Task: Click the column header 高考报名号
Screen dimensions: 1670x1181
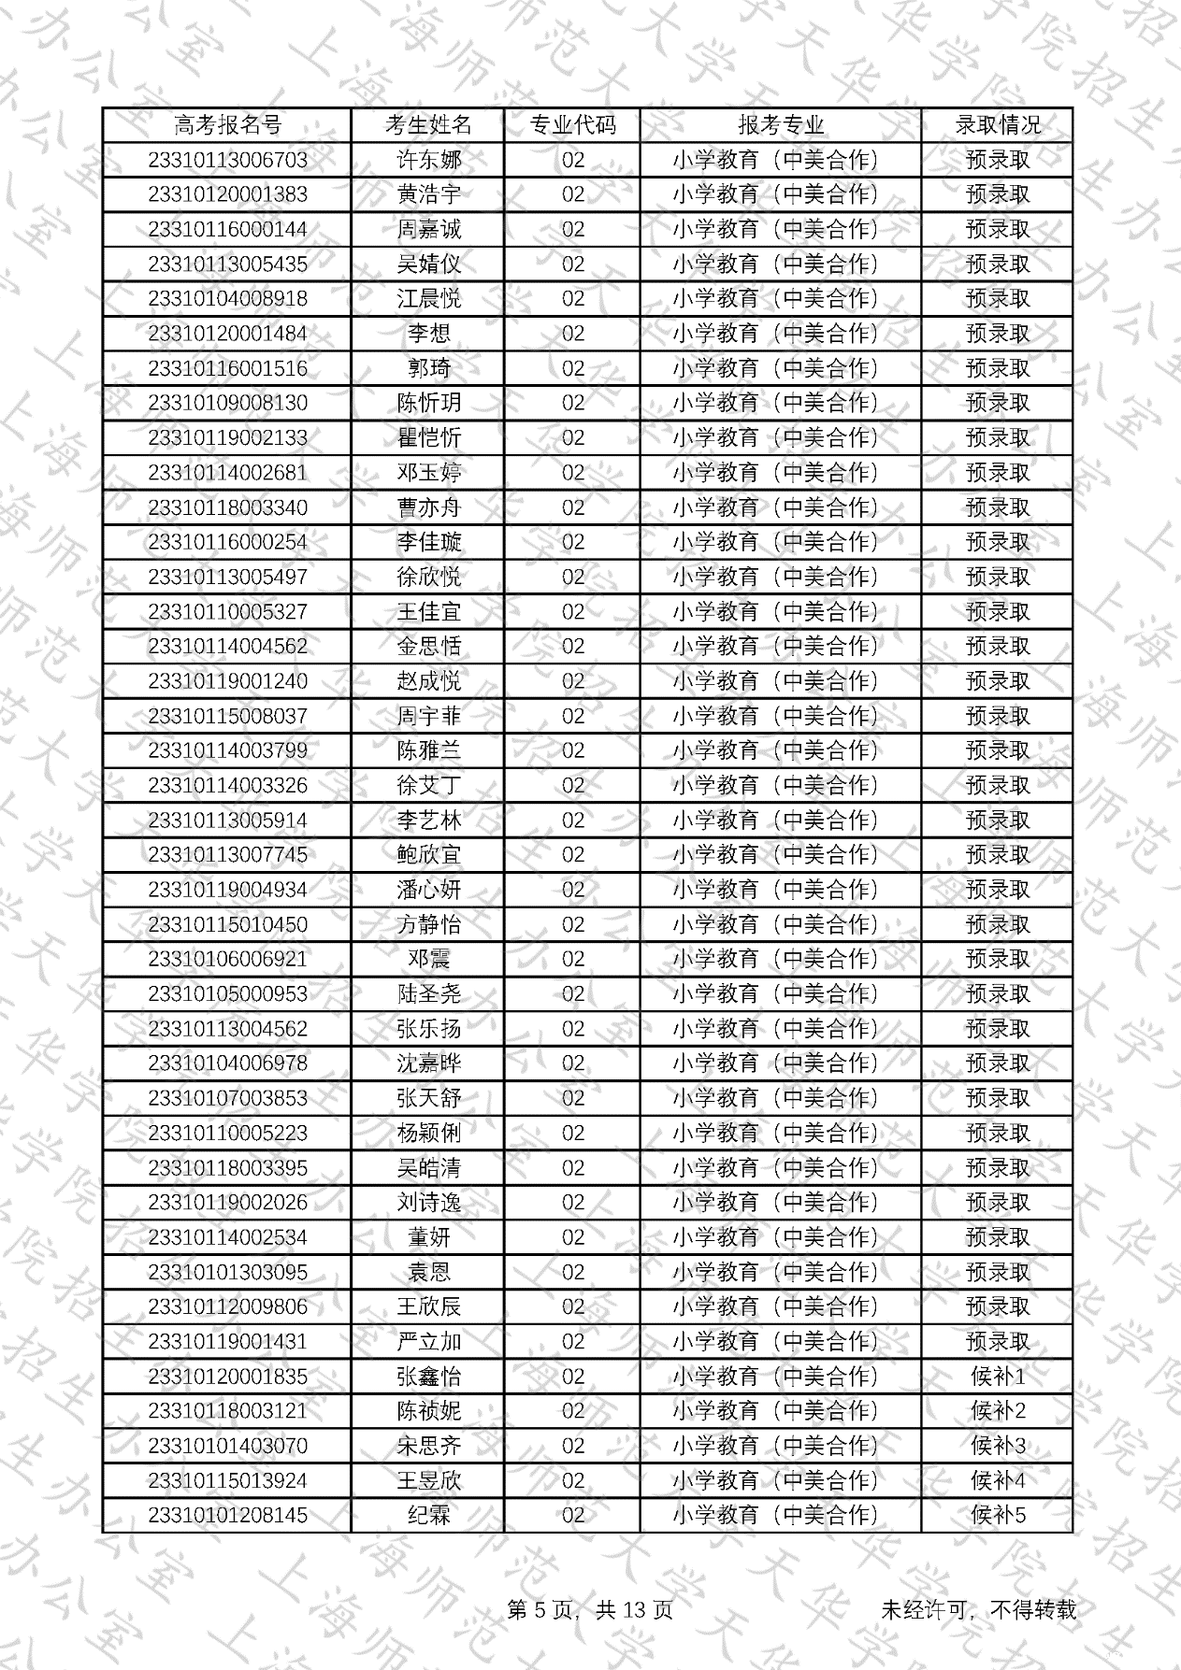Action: point(227,125)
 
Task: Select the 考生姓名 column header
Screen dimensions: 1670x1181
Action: point(428,125)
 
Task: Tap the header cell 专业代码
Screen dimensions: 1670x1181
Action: point(572,125)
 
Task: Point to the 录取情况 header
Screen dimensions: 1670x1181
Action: point(997,125)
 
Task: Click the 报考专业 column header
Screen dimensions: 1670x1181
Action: point(781,125)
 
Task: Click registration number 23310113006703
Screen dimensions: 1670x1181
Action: point(227,160)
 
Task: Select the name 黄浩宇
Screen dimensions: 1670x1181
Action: point(428,194)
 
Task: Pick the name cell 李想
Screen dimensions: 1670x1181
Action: point(428,334)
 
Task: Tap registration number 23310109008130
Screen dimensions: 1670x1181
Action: point(227,403)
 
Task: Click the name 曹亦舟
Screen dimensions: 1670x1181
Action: point(428,507)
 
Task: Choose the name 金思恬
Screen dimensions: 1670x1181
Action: point(428,647)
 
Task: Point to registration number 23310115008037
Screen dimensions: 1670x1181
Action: point(227,716)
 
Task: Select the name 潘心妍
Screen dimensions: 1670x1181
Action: point(428,890)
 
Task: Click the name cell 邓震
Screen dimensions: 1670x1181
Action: point(428,959)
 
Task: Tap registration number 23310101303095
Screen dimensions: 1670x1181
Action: point(227,1272)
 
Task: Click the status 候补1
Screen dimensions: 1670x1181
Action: point(997,1377)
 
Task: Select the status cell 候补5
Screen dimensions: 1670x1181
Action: point(997,1515)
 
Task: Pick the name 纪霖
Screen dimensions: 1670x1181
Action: point(428,1515)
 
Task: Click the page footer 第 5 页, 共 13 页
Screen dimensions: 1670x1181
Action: point(590,1609)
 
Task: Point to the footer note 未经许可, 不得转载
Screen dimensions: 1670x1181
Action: point(978,1609)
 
